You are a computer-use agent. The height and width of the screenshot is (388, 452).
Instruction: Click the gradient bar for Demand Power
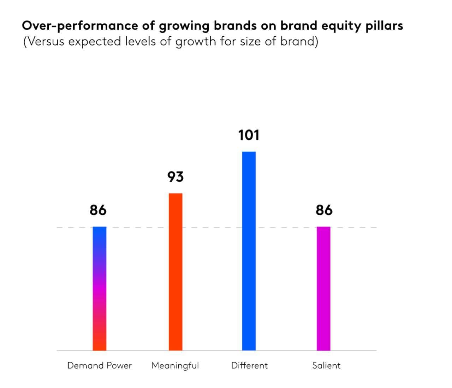pyautogui.click(x=100, y=289)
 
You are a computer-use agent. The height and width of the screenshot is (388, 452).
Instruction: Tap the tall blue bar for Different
pyautogui.click(x=249, y=251)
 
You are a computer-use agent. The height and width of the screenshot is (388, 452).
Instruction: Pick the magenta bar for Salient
pyautogui.click(x=323, y=289)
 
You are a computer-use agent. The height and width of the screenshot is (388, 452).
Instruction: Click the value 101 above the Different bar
pyautogui.click(x=249, y=135)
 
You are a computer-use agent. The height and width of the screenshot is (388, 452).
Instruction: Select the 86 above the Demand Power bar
pyautogui.click(x=98, y=210)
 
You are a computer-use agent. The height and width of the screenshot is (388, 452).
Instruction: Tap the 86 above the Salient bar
pyautogui.click(x=324, y=210)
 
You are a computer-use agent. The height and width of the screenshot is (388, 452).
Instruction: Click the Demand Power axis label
pyautogui.click(x=100, y=365)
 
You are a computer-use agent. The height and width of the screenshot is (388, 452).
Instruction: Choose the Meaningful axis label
pyautogui.click(x=175, y=366)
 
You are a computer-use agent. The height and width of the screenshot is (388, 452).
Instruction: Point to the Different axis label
pyautogui.click(x=249, y=365)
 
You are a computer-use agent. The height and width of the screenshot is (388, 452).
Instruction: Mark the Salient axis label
pyautogui.click(x=326, y=365)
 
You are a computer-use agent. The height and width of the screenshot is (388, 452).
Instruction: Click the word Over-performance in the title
pyautogui.click(x=80, y=26)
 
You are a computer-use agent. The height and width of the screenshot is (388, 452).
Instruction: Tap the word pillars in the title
pyautogui.click(x=384, y=26)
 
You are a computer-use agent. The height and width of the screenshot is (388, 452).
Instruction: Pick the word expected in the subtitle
pyautogui.click(x=95, y=42)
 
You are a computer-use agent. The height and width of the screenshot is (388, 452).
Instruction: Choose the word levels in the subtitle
pyautogui.click(x=140, y=41)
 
